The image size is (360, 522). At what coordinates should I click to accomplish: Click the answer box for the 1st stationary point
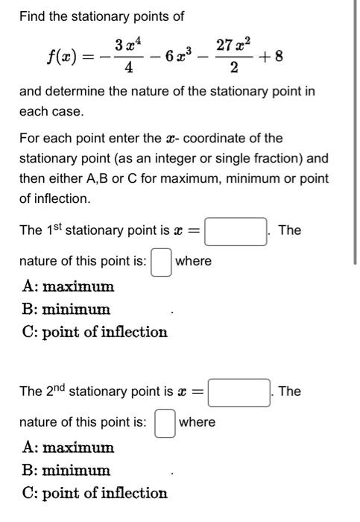point(236,231)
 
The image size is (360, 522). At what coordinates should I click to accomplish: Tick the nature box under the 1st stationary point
point(161,262)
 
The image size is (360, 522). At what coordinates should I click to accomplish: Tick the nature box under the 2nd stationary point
point(165,424)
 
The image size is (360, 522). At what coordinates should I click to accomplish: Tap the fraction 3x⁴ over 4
point(131,56)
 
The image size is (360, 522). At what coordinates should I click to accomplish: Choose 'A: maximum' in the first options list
point(68,286)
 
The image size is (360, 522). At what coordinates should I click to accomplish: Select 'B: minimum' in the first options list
point(66,309)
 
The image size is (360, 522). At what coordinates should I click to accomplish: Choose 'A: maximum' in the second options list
point(68,448)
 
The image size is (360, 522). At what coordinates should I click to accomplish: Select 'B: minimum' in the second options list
point(66,471)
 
